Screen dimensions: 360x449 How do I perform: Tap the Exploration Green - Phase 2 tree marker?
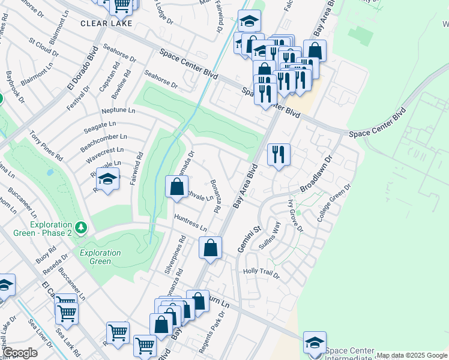point(82,227)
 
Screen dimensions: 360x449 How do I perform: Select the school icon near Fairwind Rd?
point(108,179)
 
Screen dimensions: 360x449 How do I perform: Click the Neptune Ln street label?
point(119,111)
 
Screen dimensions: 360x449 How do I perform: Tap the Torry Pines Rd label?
point(46,148)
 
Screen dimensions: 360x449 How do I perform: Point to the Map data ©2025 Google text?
point(411,355)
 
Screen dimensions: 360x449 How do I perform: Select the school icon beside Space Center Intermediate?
point(315,342)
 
